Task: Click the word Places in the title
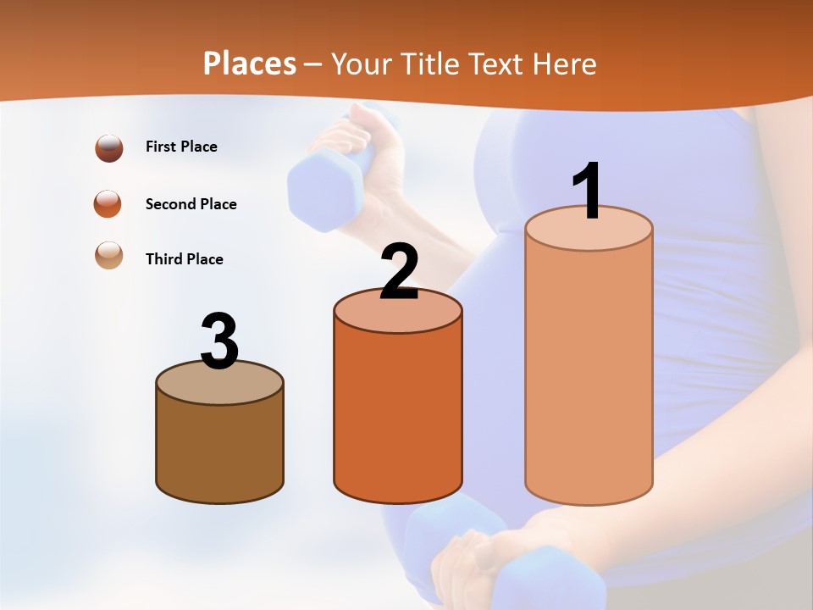click(x=250, y=64)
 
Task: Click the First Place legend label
click(x=181, y=147)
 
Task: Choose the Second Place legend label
click(x=191, y=204)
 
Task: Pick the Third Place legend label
click(x=184, y=259)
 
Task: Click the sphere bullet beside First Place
click(x=109, y=147)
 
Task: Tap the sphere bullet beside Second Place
click(x=108, y=204)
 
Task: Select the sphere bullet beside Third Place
click(x=109, y=255)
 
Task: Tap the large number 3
click(x=220, y=341)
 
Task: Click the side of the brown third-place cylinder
click(x=220, y=449)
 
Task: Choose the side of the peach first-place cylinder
click(x=589, y=373)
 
